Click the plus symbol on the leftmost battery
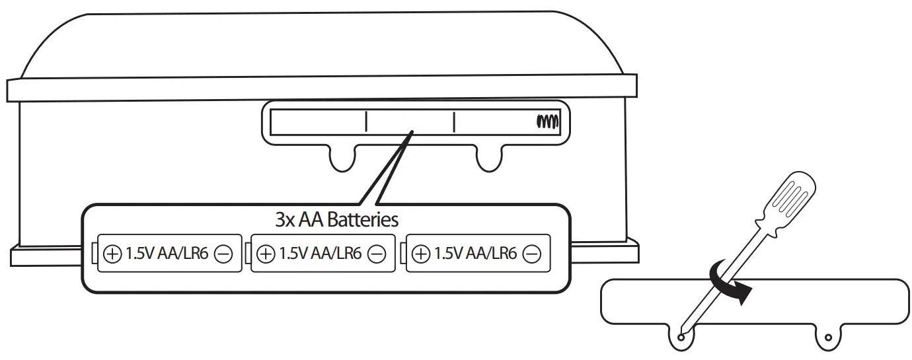tap(112, 254)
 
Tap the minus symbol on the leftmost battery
tap(223, 254)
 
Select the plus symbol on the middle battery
tap(266, 254)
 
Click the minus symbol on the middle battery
tap(377, 254)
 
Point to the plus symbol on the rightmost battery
tap(420, 254)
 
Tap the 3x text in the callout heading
tap(284, 220)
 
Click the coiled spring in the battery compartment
tap(548, 122)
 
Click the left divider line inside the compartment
tap(365, 122)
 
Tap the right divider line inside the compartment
tap(454, 122)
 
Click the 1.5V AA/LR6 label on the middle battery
tap(321, 254)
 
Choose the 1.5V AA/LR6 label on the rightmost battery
tap(475, 254)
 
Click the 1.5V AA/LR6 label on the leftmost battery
tap(167, 254)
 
